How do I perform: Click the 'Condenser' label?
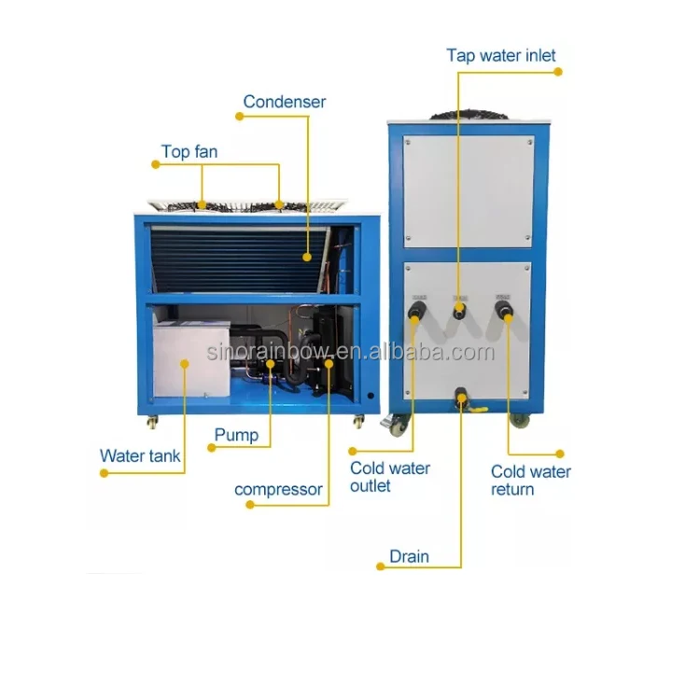[285, 102]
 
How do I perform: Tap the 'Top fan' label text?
[189, 151]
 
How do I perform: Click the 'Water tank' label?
[140, 456]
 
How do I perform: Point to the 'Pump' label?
[236, 434]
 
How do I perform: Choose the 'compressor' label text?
[278, 489]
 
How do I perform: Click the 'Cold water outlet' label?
[389, 477]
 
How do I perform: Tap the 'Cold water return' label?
[530, 481]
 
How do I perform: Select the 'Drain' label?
[409, 556]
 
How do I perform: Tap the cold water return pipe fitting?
[505, 310]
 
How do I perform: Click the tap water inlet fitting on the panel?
[459, 309]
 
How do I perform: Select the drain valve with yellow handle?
[464, 402]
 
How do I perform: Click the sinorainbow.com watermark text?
[350, 352]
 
